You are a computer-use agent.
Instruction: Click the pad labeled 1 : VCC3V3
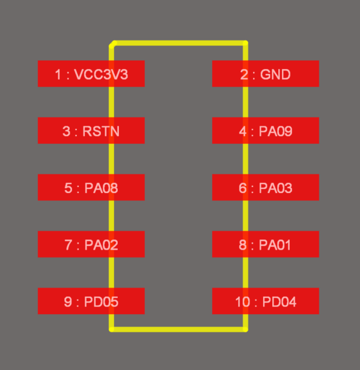91,73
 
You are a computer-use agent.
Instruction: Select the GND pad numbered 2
266,73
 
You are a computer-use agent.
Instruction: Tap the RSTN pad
91,131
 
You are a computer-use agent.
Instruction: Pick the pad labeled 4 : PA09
266,131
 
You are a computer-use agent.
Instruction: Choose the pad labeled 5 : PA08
91,187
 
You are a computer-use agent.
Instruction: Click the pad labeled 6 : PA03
266,187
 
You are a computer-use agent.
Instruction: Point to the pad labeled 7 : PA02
91,244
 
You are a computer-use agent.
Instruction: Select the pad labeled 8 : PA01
266,244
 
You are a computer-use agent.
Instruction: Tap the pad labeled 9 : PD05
91,301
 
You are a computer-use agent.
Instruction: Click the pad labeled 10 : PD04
266,301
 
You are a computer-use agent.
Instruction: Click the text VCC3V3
101,75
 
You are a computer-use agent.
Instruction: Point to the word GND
275,75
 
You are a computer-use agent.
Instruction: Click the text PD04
279,302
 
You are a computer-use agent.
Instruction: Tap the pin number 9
68,302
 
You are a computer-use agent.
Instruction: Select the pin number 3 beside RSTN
67,131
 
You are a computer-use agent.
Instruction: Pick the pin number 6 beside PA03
243,188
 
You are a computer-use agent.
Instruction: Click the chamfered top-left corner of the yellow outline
113,45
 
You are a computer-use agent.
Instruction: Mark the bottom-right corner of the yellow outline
245,330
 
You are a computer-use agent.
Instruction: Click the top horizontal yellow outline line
180,43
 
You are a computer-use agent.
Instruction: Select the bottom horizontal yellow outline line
178,330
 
